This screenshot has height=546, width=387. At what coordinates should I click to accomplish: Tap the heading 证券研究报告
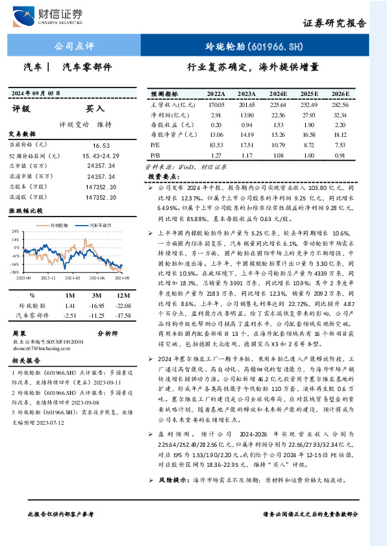pyautogui.click(x=334, y=22)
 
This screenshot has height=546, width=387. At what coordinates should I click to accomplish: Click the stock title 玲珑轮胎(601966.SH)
pyautogui.click(x=254, y=47)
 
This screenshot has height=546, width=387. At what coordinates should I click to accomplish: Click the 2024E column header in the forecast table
pyautogui.click(x=278, y=93)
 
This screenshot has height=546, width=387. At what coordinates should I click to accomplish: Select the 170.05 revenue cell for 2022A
pyautogui.click(x=216, y=104)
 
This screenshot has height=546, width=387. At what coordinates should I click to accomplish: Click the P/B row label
pyautogui.click(x=155, y=156)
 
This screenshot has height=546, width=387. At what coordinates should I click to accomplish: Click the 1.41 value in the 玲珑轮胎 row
pyautogui.click(x=71, y=305)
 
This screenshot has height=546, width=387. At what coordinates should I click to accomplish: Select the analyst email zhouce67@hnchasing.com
pyautogui.click(x=45, y=348)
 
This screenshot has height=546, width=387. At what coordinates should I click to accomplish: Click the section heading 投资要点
pyautogui.click(x=162, y=176)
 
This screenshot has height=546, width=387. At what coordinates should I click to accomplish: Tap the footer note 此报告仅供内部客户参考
pyautogui.click(x=60, y=514)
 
